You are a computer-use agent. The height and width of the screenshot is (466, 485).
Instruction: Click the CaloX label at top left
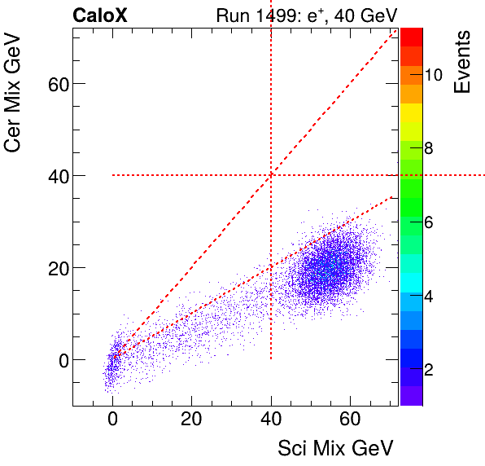(99, 15)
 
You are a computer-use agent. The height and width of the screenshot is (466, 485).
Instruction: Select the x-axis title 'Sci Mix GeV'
(336, 447)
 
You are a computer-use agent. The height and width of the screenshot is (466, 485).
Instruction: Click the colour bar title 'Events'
(462, 62)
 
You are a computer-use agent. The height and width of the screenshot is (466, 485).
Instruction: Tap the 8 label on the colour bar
(429, 148)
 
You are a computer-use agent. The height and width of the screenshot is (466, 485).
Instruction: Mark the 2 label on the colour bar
(429, 370)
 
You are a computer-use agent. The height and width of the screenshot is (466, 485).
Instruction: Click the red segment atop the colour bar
(411, 36)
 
